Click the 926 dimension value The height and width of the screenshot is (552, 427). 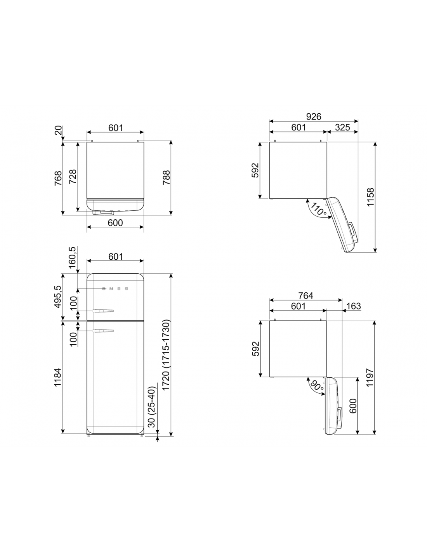313,116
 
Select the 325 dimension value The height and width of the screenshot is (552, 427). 342,127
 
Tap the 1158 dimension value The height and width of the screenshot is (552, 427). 371,197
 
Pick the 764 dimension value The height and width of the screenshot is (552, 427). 305,295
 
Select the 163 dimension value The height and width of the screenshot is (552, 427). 353,306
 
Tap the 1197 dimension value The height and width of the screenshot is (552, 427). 370,377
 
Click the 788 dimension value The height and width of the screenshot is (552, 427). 167,177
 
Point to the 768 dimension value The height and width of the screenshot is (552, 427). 58,178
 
